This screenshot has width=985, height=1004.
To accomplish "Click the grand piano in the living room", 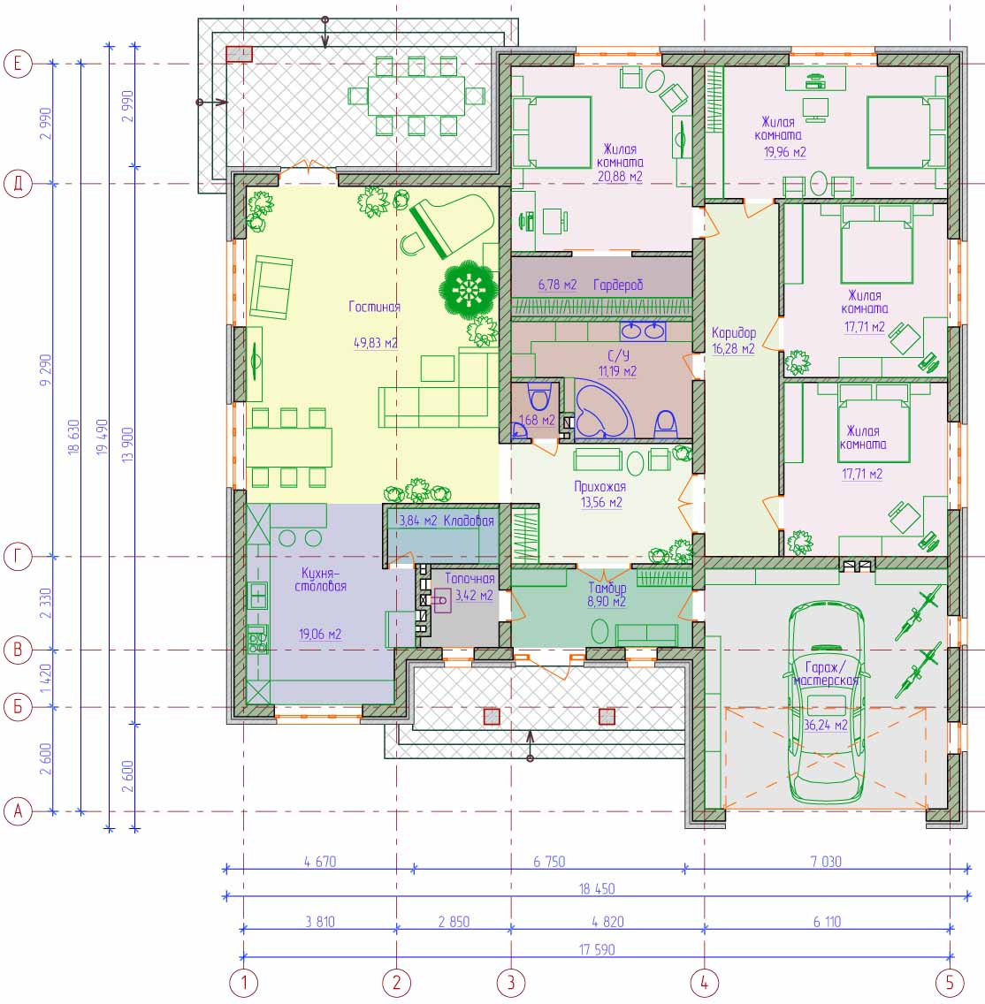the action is pos(452,225).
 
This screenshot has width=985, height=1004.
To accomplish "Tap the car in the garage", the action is pos(826,703).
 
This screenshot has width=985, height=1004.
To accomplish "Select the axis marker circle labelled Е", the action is pos(18,64).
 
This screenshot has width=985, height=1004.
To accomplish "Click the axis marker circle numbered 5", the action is pos(949,982).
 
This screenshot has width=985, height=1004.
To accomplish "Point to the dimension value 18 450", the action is pos(596,889).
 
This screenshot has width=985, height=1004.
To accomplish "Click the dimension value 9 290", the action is pos(45,369).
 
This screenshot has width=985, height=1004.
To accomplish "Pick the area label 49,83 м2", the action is pos(375,343).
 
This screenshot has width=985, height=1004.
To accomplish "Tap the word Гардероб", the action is pos(618,285).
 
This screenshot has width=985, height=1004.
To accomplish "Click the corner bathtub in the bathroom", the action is pos(600,410).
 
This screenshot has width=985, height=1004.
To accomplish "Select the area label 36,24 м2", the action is pos(826,725).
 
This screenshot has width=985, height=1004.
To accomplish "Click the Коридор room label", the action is pos(734,332).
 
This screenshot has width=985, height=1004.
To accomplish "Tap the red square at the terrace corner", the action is pos(239,54).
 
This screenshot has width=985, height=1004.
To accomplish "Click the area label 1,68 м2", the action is pos(537,421).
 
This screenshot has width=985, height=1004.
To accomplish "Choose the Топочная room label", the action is pos(470,578).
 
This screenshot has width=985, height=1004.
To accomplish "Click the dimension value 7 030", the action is pos(826,861).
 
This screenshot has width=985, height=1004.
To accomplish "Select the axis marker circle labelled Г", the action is pos(18,557).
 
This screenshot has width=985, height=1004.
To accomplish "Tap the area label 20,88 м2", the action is pos(620,176).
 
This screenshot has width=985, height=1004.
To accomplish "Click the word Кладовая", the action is pos(469,521).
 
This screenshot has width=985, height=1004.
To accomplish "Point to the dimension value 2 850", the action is pos(454,922).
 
